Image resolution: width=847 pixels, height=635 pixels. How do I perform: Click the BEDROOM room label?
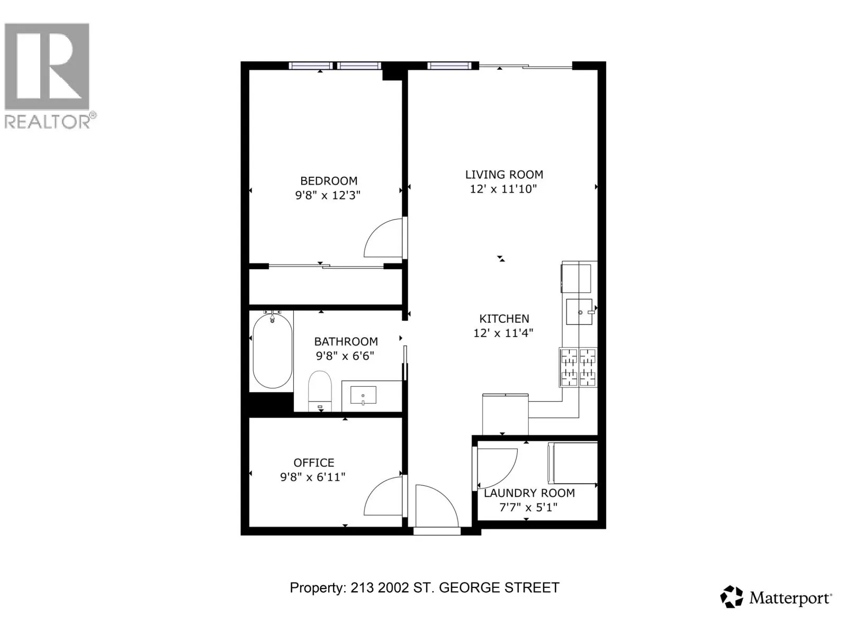329,181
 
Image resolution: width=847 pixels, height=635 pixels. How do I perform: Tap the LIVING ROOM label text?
504,175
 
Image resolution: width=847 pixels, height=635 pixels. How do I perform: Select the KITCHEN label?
504,319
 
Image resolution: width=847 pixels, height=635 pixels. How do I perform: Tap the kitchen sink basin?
579,312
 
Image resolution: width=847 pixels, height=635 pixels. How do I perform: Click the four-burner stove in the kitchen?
578,367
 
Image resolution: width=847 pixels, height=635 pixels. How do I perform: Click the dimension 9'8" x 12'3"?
328,195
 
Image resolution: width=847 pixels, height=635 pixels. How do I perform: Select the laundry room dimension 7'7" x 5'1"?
528,507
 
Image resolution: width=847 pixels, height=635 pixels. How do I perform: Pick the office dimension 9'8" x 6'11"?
312,477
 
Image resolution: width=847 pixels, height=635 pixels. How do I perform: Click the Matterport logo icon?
732,597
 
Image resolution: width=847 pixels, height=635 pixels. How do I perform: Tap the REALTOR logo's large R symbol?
47,66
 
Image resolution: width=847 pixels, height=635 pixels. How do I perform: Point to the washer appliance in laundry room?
573,462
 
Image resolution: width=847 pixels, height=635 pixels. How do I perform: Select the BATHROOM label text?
346,341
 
